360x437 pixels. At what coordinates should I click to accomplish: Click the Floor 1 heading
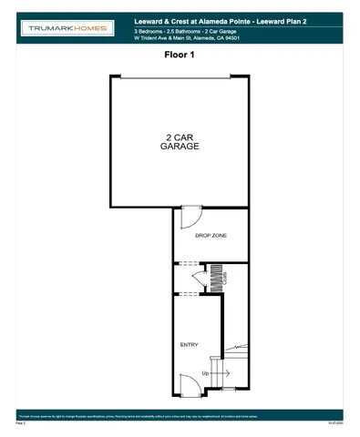pyautogui.click(x=180, y=56)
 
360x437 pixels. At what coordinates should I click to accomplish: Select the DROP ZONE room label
pyautogui.click(x=211, y=237)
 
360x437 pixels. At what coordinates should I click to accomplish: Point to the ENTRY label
pyautogui.click(x=190, y=344)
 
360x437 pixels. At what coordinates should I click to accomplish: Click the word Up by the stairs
pyautogui.click(x=206, y=373)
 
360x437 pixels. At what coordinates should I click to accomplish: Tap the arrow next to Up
pyautogui.click(x=222, y=373)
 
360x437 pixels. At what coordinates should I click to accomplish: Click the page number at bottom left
pyautogui.click(x=20, y=423)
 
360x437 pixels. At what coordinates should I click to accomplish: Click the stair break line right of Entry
pyautogui.click(x=236, y=347)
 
